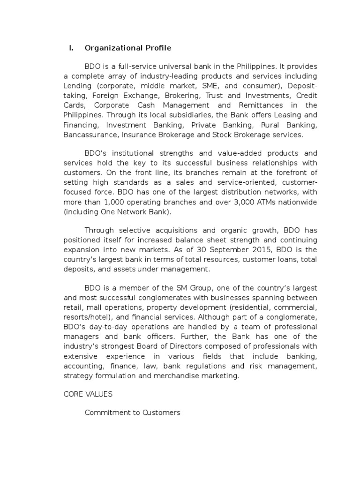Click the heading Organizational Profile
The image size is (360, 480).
tap(128, 48)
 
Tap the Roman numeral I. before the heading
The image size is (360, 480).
tap(71, 48)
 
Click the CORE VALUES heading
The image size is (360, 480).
tap(88, 394)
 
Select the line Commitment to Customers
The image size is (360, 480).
tap(132, 413)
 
